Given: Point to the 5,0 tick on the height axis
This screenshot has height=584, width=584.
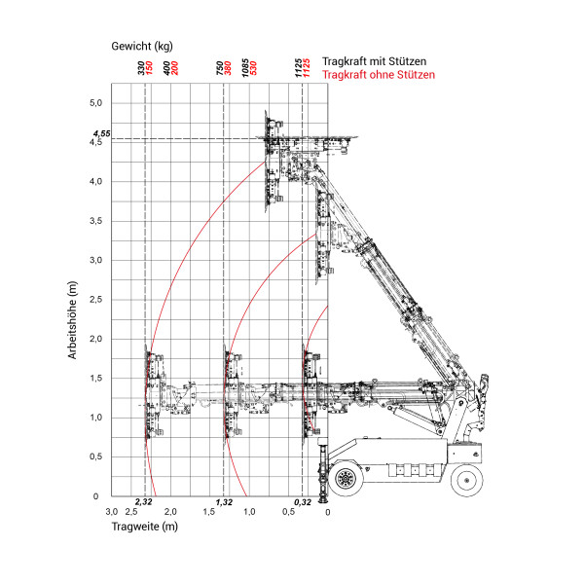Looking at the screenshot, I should pos(95,102).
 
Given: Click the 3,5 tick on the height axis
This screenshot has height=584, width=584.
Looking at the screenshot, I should pos(95,221).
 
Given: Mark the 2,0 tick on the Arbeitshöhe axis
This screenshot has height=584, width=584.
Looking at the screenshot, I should pos(95,339).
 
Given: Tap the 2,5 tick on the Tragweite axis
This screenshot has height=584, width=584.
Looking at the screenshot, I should pos(131,512).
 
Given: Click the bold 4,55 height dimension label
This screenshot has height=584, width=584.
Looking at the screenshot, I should pos(101,132).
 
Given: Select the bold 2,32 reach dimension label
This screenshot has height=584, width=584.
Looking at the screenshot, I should pos(143,502).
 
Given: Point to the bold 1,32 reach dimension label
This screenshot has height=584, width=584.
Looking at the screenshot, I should pos(223,502).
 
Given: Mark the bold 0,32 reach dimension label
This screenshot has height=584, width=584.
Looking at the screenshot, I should pos(302,502).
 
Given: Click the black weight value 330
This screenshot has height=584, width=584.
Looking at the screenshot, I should pos(141,68).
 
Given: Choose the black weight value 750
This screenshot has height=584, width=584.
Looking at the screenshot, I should pos(220,68).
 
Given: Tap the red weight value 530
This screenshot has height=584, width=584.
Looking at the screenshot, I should pos(253,68).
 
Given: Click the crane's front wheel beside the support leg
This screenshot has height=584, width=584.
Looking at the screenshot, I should pos(345,479).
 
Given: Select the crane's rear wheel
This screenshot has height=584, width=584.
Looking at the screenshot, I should pos(465,479).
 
